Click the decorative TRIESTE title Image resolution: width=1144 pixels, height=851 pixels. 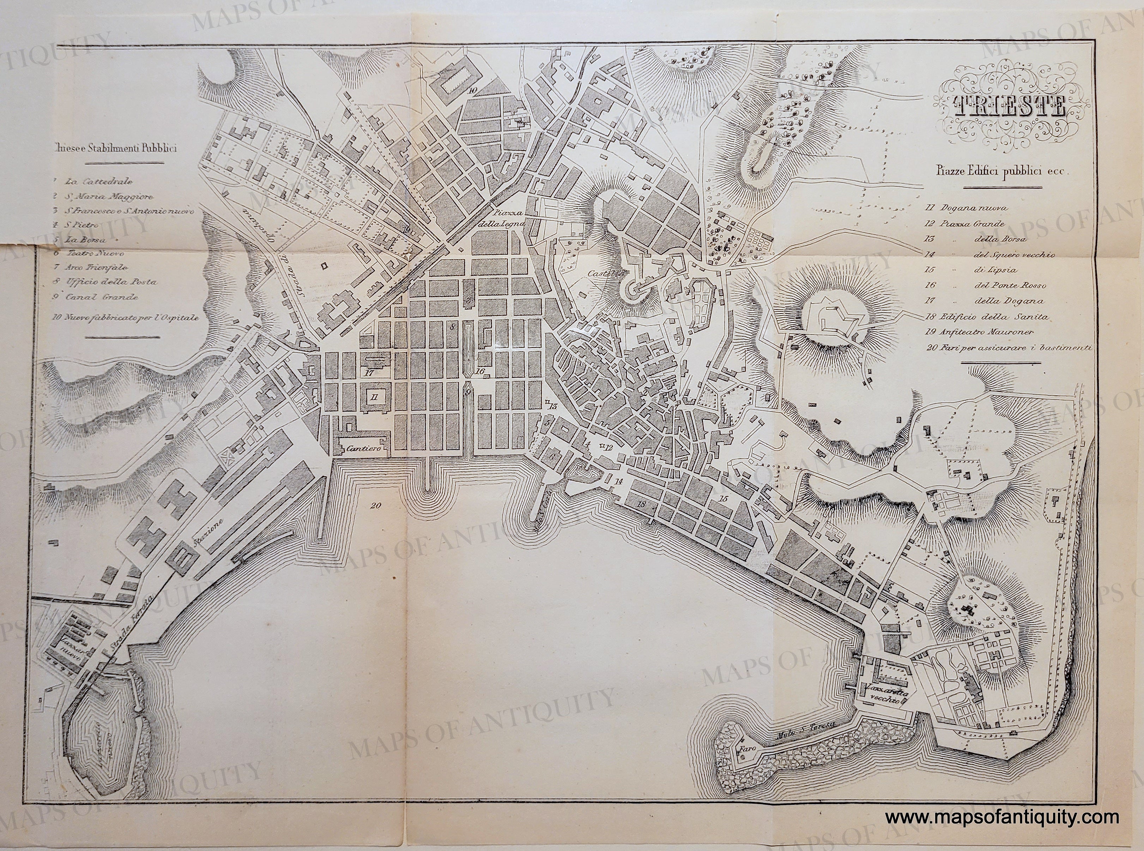(1007, 107)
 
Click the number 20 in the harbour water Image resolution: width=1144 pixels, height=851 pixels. (375, 506)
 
